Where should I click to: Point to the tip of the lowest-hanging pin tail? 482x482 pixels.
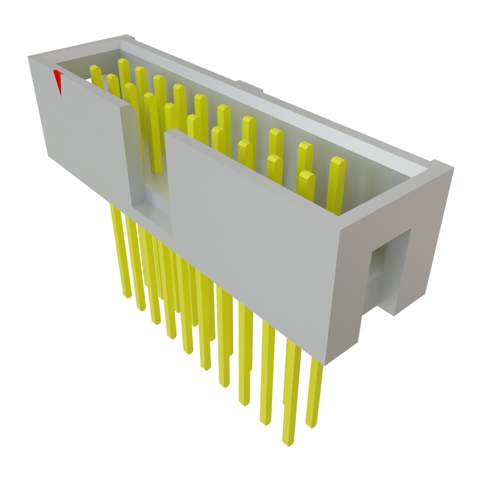[x=288, y=442]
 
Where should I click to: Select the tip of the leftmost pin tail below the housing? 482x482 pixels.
[x=127, y=296]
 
